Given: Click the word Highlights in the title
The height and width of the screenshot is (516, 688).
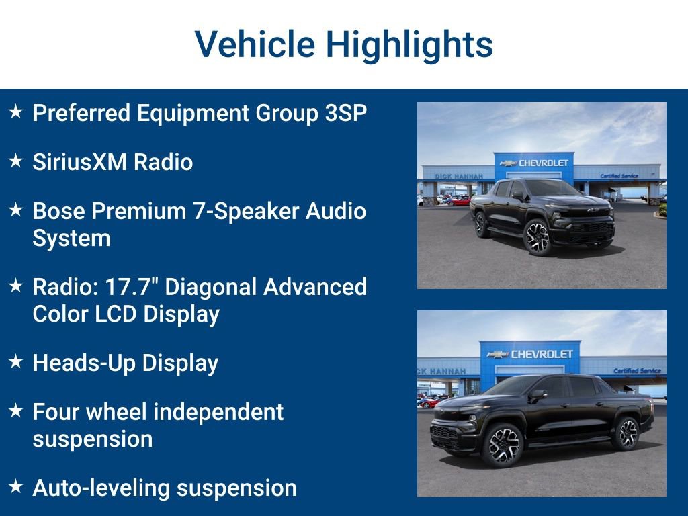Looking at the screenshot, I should click(x=409, y=45).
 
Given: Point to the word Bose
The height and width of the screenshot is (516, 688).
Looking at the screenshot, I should click(x=58, y=211).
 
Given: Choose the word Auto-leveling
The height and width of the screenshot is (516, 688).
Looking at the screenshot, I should click(x=103, y=488).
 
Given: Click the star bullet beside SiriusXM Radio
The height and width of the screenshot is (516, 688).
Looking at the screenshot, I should click(x=16, y=161).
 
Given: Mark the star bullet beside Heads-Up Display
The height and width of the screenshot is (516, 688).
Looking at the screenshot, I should click(x=16, y=362).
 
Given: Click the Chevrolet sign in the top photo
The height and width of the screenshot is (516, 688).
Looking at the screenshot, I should click(x=535, y=163).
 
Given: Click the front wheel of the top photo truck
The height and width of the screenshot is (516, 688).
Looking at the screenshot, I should click(x=537, y=237).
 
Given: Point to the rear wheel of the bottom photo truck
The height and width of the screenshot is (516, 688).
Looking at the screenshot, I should click(x=626, y=433).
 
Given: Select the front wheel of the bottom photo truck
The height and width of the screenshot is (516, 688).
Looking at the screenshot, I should click(x=501, y=444).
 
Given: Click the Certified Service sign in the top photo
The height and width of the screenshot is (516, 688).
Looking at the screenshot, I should click(x=619, y=176).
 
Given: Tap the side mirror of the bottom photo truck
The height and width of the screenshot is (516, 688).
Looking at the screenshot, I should click(x=537, y=396).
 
